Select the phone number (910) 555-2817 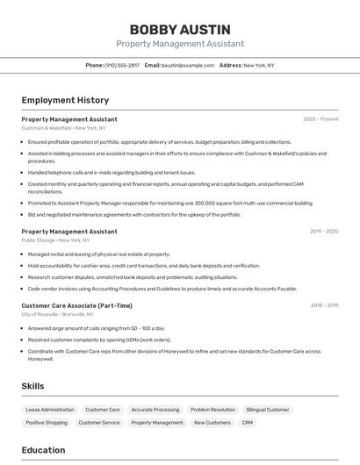[121, 65]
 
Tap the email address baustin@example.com [188, 65]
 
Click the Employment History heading [65, 100]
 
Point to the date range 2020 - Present [320, 119]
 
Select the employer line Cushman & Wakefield [63, 128]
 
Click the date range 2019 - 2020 [324, 232]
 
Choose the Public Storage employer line [55, 240]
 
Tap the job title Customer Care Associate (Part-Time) [77, 305]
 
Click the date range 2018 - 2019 [324, 305]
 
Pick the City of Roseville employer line [58, 314]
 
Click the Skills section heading [33, 386]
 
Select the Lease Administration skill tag [50, 410]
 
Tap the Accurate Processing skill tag [155, 410]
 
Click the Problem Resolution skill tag [212, 410]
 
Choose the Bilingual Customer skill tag [268, 410]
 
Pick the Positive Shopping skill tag [47, 423]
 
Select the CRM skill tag [248, 423]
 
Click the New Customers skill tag [212, 423]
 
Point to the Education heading [44, 450]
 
